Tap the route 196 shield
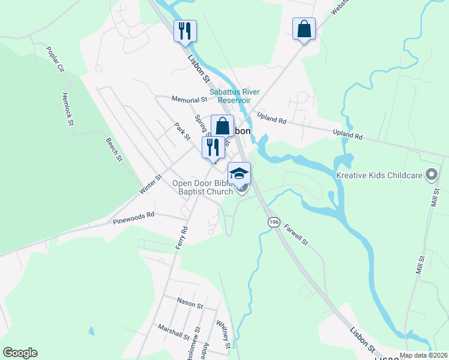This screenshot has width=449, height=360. pos(274,222)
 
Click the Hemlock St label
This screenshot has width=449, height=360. pos(67,109)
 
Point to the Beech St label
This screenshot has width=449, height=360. pos(113,150)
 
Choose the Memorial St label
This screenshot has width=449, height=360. pos(188,100)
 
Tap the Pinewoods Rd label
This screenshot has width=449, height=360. pos(133,218)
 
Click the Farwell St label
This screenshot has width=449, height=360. pos(296,235)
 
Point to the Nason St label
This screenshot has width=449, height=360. pos(190,304)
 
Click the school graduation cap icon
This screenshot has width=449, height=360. pos(239,173)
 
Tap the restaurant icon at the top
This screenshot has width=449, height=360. pos(185,30)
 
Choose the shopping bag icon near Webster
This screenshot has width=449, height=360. pos(304,28)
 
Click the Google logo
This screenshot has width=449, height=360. pos(20,353)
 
